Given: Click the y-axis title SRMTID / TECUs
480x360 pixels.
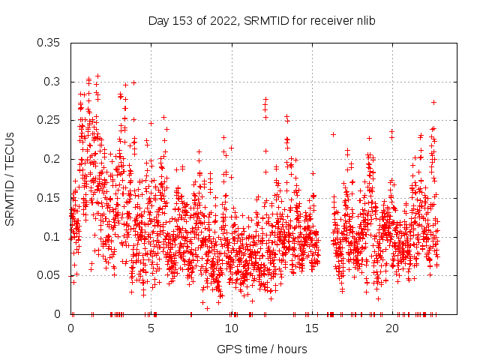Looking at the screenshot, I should (x=10, y=178).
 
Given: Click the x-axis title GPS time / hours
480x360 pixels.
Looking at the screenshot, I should (x=262, y=349).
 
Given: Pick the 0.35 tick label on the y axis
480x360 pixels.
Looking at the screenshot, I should (x=49, y=43).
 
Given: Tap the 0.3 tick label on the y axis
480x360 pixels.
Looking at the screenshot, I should (x=52, y=82).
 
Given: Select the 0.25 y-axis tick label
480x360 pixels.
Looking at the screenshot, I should (x=49, y=120).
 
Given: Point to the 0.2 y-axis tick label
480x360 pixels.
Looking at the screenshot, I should (x=52, y=159).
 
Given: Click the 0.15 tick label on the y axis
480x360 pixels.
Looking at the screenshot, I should (x=49, y=198).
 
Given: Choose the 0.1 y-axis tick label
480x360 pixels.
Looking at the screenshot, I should (x=52, y=236).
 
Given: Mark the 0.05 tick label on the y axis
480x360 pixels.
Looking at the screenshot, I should (x=49, y=275).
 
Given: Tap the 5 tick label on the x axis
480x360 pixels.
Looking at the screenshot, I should (x=151, y=328).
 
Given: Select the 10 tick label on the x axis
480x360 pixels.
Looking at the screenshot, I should (x=232, y=328).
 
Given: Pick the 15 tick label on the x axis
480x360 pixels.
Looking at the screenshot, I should (x=312, y=328).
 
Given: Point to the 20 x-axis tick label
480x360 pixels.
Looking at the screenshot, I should (x=392, y=328).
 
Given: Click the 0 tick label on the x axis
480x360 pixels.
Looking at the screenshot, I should (x=71, y=328).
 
